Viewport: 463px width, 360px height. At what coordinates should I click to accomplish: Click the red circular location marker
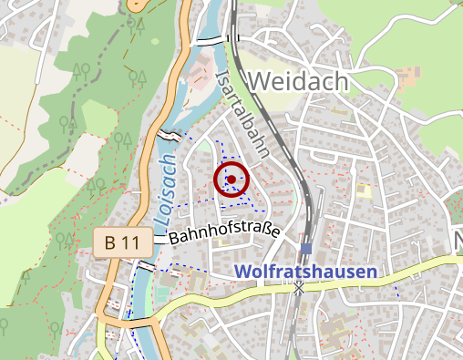click(231, 180)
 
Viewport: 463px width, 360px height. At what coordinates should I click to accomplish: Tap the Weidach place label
click(297, 81)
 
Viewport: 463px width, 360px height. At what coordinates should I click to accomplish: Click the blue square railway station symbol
click(306, 248)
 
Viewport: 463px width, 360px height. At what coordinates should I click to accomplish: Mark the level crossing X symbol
click(298, 288)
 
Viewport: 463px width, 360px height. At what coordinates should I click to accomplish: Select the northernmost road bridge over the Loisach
click(209, 40)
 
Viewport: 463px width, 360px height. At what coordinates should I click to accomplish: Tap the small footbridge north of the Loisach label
click(170, 135)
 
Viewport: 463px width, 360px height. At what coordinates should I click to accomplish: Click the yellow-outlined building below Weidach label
click(364, 190)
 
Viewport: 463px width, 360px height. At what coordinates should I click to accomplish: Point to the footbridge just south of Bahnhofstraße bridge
click(143, 266)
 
